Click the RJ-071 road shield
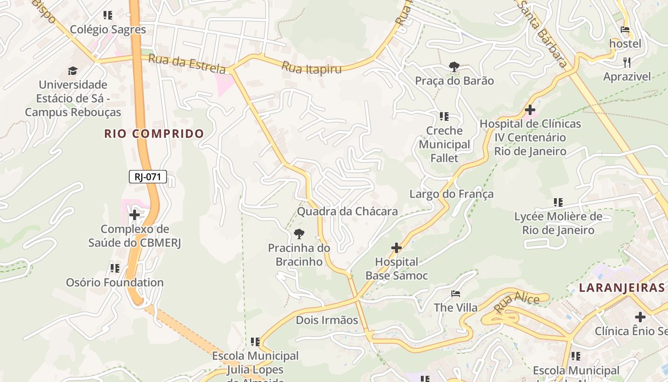(x=147, y=177)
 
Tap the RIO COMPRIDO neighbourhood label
(x=154, y=134)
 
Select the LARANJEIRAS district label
(x=621, y=287)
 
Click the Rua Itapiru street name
(x=312, y=67)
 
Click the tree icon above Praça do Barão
(x=454, y=67)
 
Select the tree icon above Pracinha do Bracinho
(x=299, y=233)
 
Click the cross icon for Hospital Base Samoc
(x=396, y=248)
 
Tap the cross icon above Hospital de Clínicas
(x=530, y=110)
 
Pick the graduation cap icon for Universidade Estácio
(x=73, y=71)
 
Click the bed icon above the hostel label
(x=625, y=30)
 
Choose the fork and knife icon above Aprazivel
(x=627, y=62)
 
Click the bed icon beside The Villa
(x=456, y=293)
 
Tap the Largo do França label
(x=451, y=194)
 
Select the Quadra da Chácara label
(x=347, y=211)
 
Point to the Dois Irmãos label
(x=327, y=320)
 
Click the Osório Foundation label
(x=115, y=282)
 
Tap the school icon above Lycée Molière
(x=558, y=202)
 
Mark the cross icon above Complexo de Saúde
(x=135, y=215)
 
